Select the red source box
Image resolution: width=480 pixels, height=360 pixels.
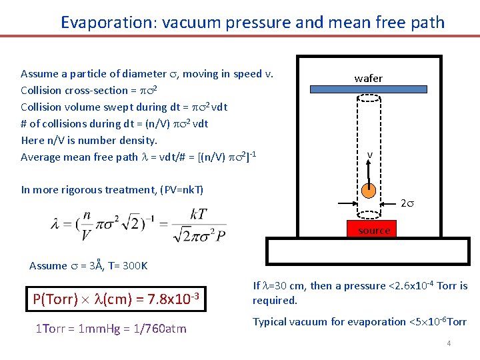(x=373, y=230)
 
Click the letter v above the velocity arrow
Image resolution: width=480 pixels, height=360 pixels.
(x=369, y=155)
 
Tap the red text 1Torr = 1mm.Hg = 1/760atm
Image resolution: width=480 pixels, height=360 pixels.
(x=110, y=328)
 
